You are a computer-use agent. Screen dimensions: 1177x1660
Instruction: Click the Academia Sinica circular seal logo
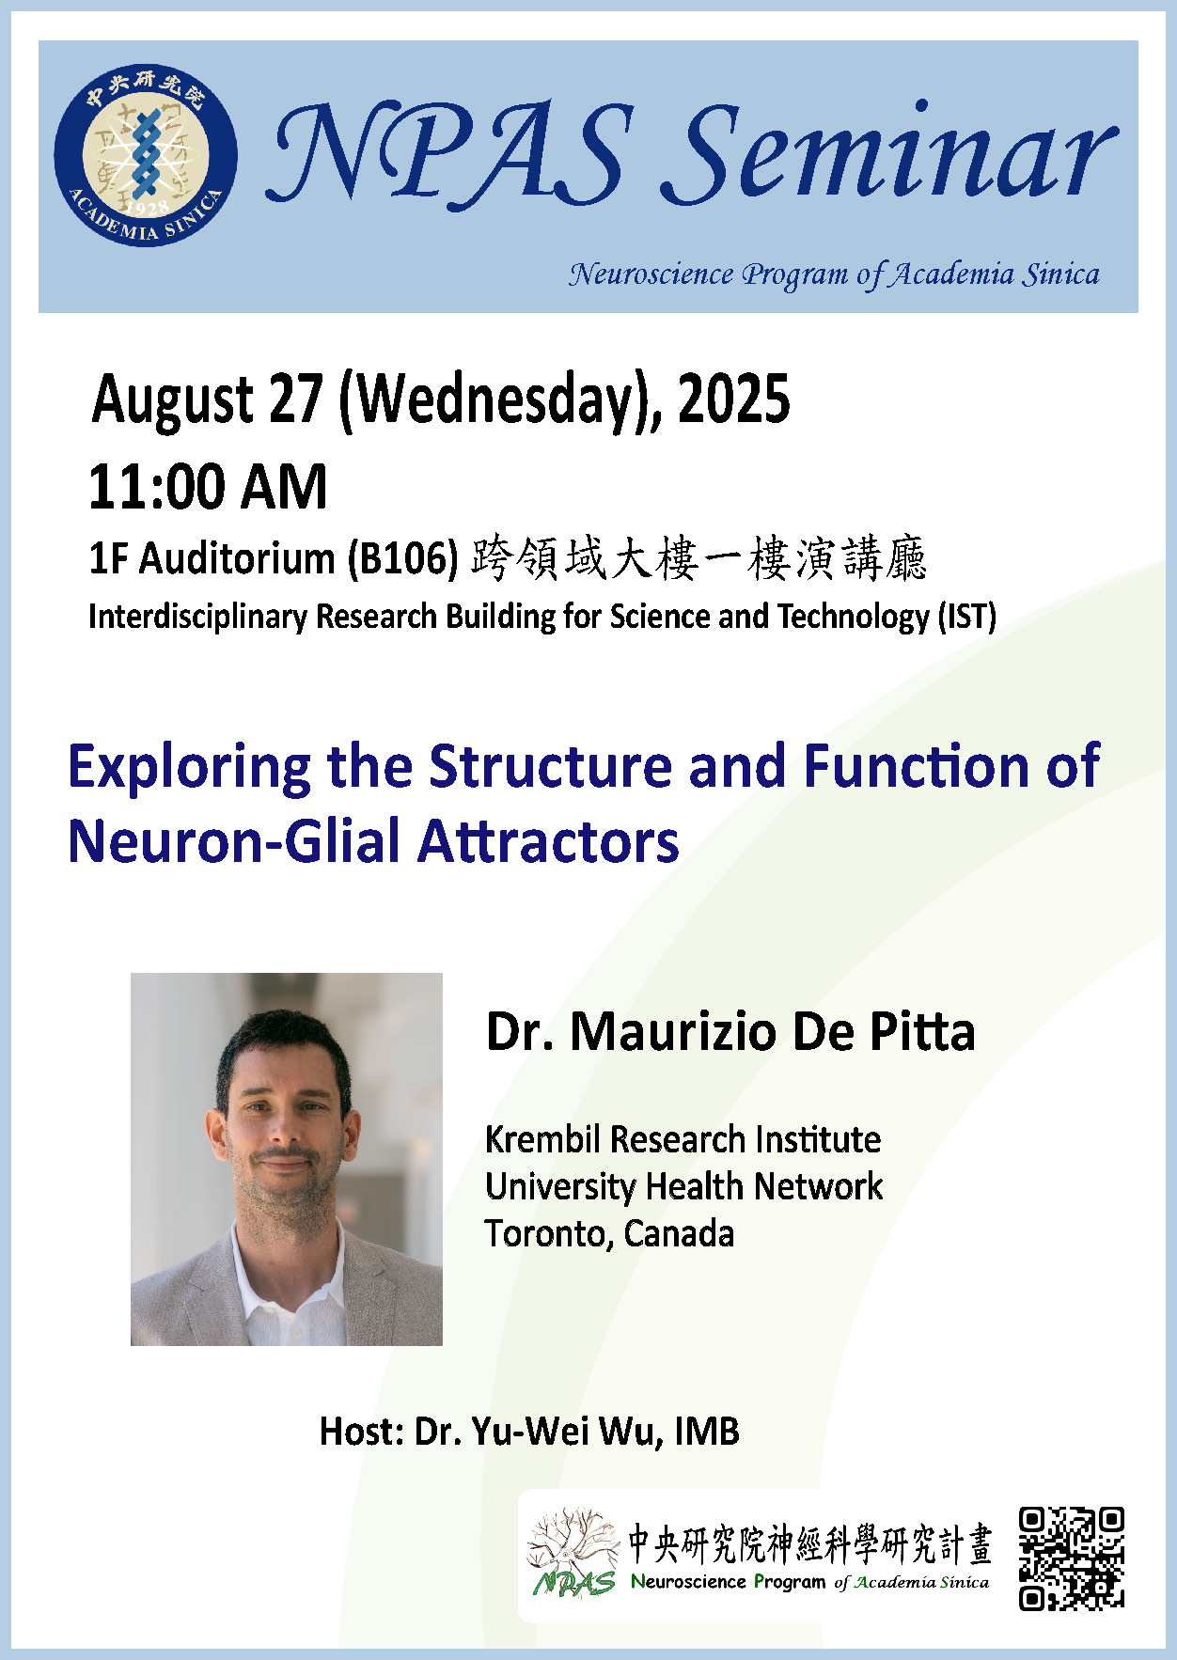click(x=145, y=154)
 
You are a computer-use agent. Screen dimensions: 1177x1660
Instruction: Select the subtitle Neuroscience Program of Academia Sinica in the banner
click(x=834, y=274)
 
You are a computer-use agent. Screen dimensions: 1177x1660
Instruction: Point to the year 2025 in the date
click(x=733, y=399)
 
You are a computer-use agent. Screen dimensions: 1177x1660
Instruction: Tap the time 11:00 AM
click(x=208, y=487)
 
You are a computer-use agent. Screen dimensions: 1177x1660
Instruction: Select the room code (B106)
click(x=402, y=559)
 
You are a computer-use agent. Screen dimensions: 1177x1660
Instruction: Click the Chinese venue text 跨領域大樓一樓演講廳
click(x=699, y=558)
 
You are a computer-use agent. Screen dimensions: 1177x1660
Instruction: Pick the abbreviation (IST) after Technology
click(x=966, y=618)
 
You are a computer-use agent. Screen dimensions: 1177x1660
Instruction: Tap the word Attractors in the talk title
click(x=548, y=840)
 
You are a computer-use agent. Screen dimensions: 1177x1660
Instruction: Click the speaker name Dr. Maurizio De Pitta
click(x=730, y=1031)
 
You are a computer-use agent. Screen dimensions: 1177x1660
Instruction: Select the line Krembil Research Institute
click(x=683, y=1139)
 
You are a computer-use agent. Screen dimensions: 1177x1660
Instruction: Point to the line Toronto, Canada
click(x=609, y=1233)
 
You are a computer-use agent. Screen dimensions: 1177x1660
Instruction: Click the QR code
click(x=1072, y=1558)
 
